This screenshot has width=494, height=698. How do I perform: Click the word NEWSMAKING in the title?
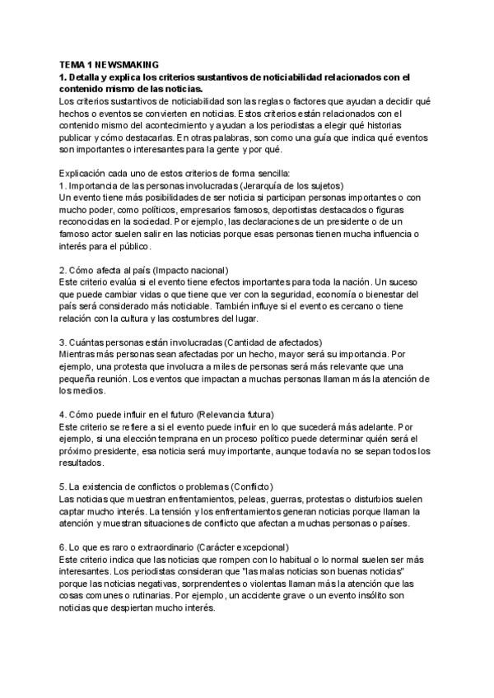point(129,63)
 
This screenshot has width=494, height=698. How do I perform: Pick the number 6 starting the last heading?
point(63,547)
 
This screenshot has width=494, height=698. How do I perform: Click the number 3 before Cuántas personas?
point(63,342)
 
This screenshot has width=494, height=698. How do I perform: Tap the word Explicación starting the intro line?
point(85,173)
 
